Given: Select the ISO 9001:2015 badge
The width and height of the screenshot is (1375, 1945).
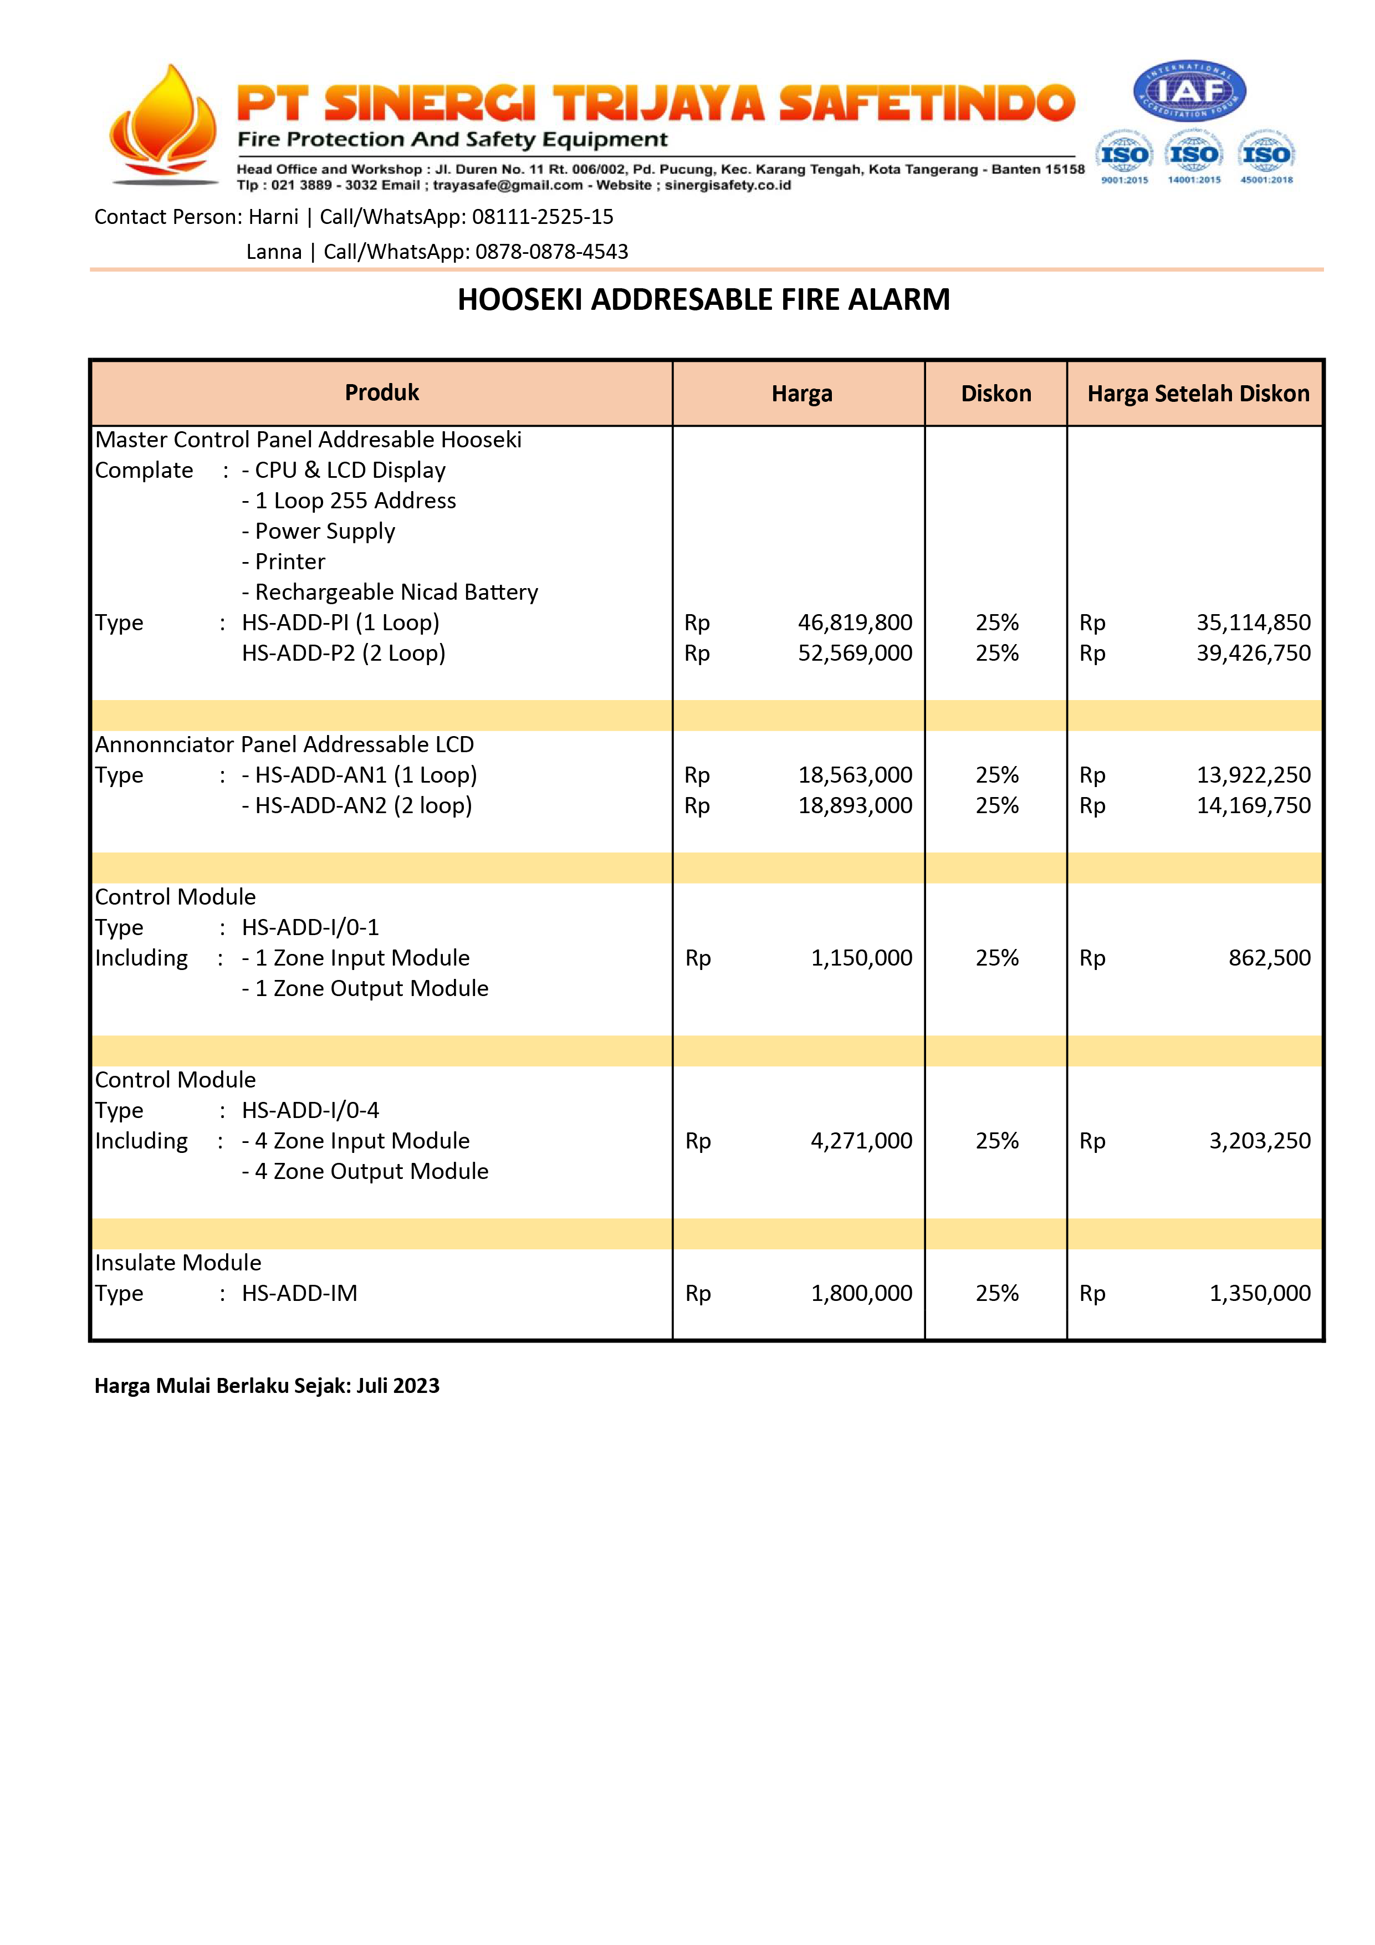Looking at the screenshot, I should point(1124,156).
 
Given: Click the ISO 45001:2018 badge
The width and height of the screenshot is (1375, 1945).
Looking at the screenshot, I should point(1266,156).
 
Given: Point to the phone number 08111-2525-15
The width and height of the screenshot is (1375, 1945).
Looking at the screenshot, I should point(542,217).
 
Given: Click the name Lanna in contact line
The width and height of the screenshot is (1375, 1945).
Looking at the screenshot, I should point(274,252).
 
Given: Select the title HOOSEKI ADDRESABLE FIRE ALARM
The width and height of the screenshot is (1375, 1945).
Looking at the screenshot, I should point(703,299).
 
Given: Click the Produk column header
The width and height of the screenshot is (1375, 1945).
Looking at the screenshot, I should point(381,392).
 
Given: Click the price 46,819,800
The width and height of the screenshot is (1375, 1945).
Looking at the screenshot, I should point(854,622).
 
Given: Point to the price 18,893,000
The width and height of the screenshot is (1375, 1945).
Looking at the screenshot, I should point(854,805).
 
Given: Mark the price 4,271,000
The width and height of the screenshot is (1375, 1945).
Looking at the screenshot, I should point(861,1141).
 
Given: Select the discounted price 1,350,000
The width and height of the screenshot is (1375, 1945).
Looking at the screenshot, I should point(1259,1294).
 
